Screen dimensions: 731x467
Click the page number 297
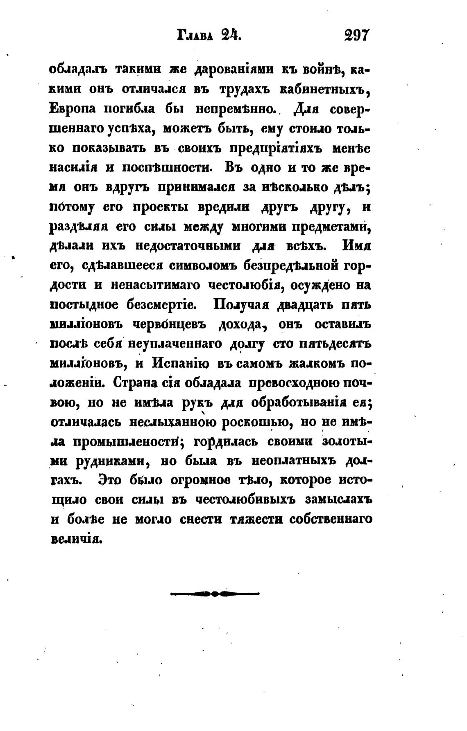357,36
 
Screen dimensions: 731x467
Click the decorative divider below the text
215,593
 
